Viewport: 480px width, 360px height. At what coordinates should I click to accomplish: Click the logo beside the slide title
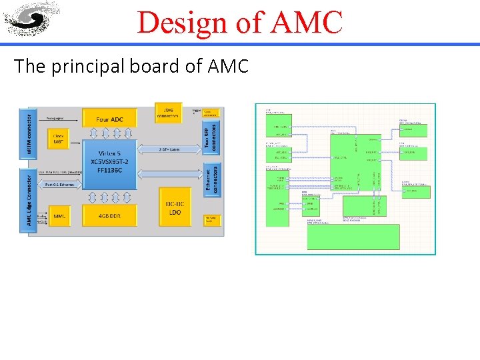coord(31,19)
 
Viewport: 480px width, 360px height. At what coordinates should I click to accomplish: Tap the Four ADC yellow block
coord(109,119)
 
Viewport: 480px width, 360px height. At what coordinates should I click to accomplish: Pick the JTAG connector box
coord(167,111)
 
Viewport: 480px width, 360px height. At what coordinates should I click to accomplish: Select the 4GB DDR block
coord(109,215)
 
